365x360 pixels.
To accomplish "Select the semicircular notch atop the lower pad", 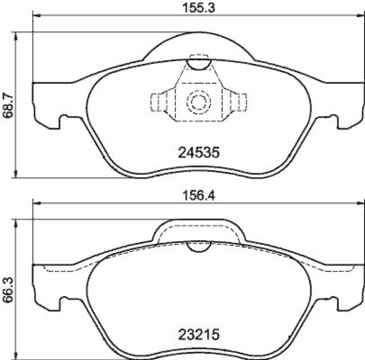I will click(198, 247).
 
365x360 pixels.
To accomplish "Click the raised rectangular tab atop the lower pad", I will click(198, 230).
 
